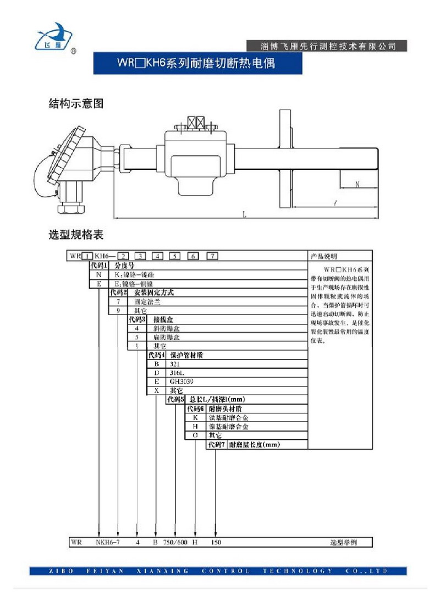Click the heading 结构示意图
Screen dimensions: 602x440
pyautogui.click(x=76, y=103)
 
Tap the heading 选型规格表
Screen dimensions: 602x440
pyautogui.click(x=76, y=235)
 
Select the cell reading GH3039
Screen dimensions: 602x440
pyautogui.click(x=181, y=381)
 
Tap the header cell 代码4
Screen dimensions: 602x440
pyautogui.click(x=156, y=355)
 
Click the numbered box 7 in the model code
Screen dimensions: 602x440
pyautogui.click(x=212, y=256)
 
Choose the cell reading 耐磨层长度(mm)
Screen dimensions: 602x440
pyautogui.click(x=255, y=444)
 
